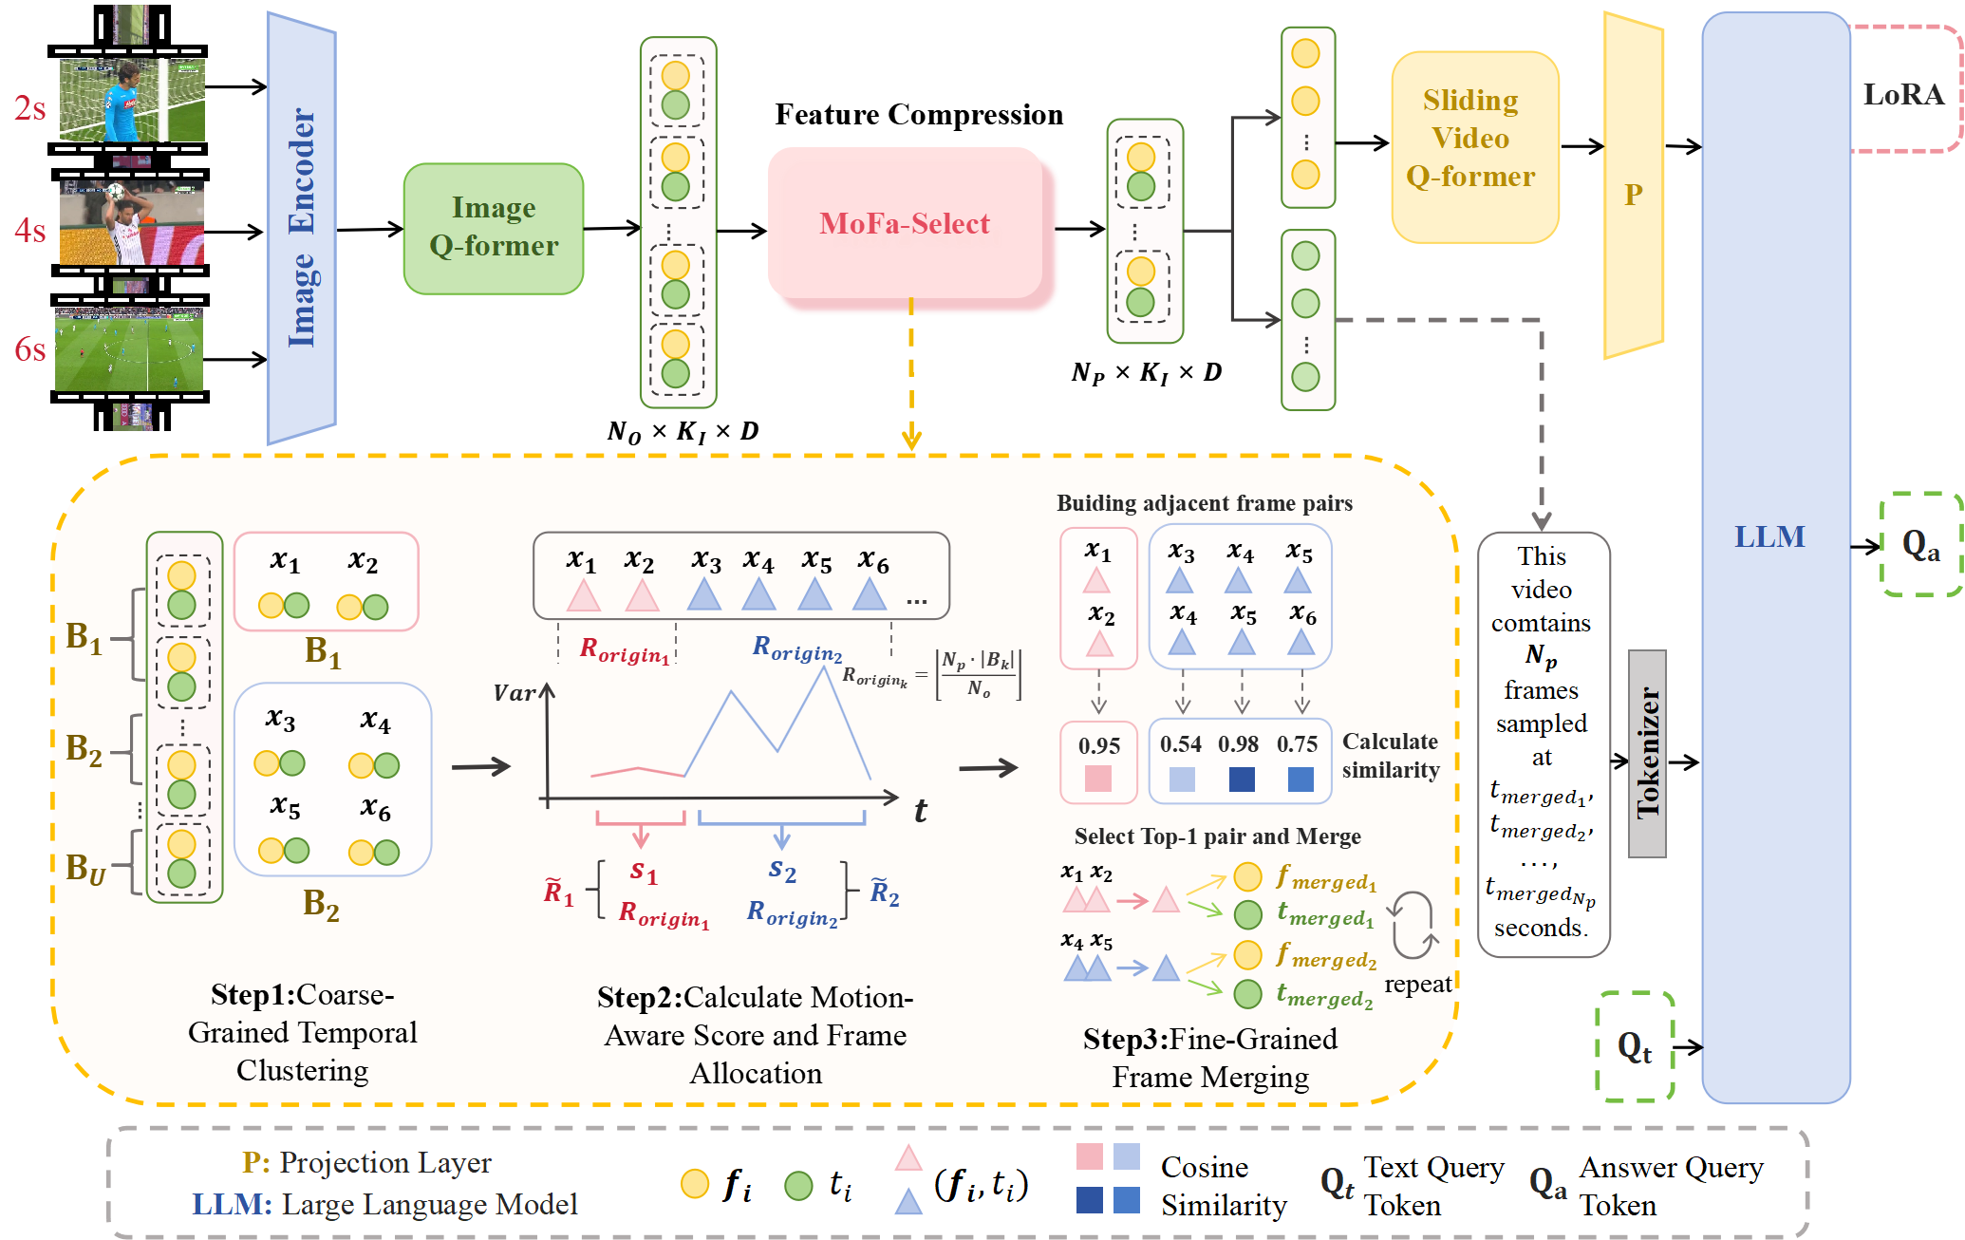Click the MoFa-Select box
[x=905, y=224]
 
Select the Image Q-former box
[x=494, y=228]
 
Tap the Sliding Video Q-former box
[x=1474, y=140]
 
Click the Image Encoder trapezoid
[x=302, y=228]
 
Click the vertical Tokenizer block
[x=1647, y=753]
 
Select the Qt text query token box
[x=1635, y=1047]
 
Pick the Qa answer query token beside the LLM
[x=1920, y=545]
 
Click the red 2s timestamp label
[x=29, y=108]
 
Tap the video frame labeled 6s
[x=129, y=349]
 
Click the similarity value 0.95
[x=1098, y=746]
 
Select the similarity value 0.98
[x=1239, y=744]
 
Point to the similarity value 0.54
[x=1180, y=744]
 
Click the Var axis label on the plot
[x=515, y=693]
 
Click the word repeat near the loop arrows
[x=1417, y=985]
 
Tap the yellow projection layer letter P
[x=1633, y=195]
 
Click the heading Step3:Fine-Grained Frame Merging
[x=1210, y=1058]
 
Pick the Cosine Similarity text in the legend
[x=1224, y=1186]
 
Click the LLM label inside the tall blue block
[x=1769, y=537]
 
